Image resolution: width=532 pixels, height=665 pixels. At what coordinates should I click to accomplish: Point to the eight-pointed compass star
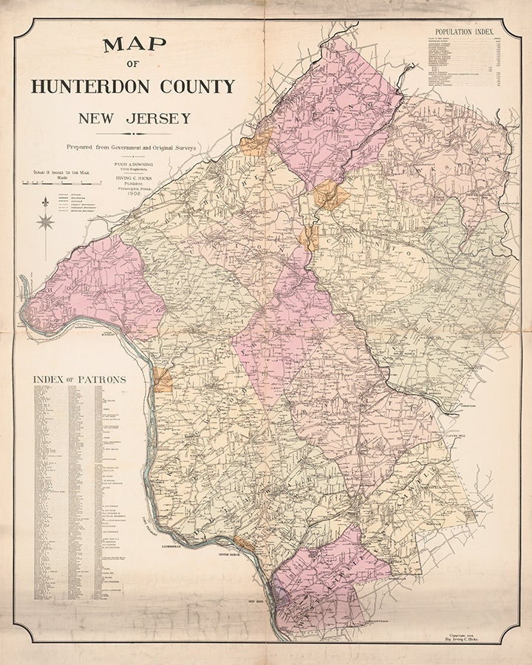click(x=45, y=220)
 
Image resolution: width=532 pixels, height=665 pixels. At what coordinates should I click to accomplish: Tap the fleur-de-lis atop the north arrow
click(x=45, y=201)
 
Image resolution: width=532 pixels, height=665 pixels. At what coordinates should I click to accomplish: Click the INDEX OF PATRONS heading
click(x=79, y=380)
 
